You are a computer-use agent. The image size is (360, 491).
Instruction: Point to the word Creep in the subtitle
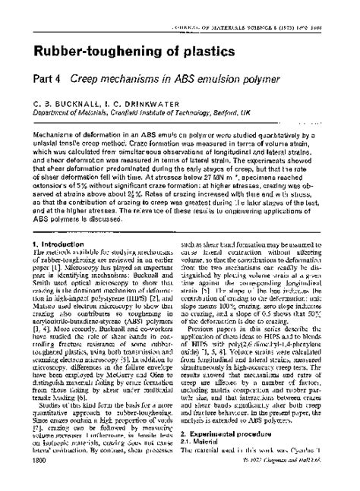pos(96,79)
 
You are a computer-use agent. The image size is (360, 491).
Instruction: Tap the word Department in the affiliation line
pos(54,111)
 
